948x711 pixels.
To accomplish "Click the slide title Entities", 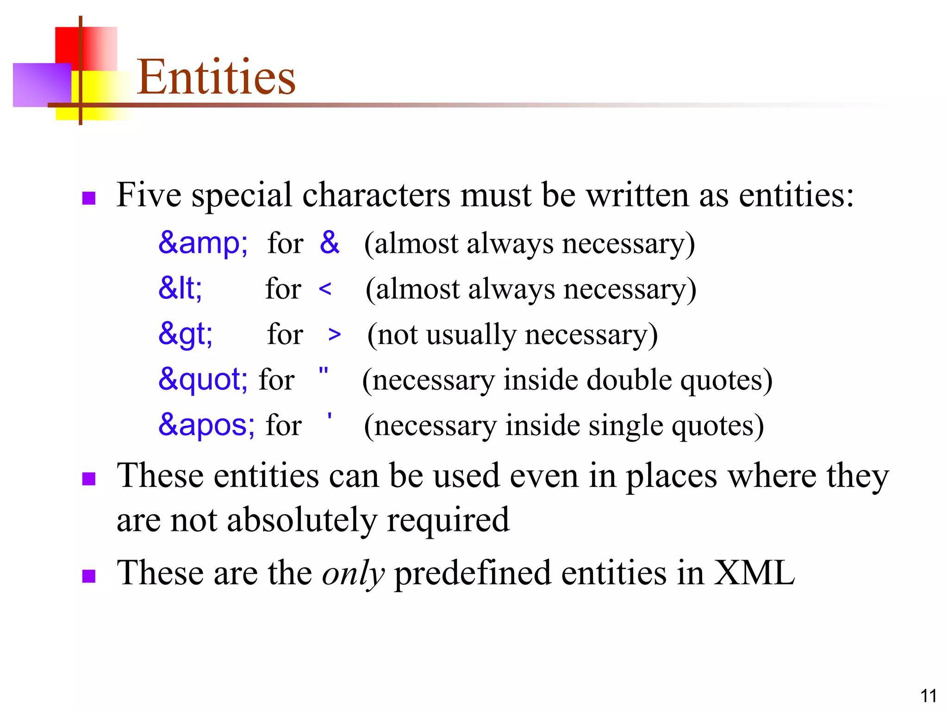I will click(x=216, y=77).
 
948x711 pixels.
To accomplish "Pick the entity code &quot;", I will click(x=203, y=379).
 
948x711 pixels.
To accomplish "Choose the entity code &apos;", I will click(x=206, y=424).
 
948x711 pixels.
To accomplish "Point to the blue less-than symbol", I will click(x=325, y=289).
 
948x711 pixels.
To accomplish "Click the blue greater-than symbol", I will click(x=334, y=335).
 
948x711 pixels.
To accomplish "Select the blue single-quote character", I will click(x=329, y=416).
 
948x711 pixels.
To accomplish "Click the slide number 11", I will click(x=928, y=696).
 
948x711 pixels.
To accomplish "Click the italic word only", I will click(x=353, y=574).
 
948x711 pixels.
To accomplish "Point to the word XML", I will click(x=754, y=573).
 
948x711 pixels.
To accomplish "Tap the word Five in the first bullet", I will click(x=149, y=194).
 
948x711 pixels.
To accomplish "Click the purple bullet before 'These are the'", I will click(x=88, y=576).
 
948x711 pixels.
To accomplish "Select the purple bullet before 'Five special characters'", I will click(x=88, y=198).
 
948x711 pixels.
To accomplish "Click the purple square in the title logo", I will click(x=42, y=85).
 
